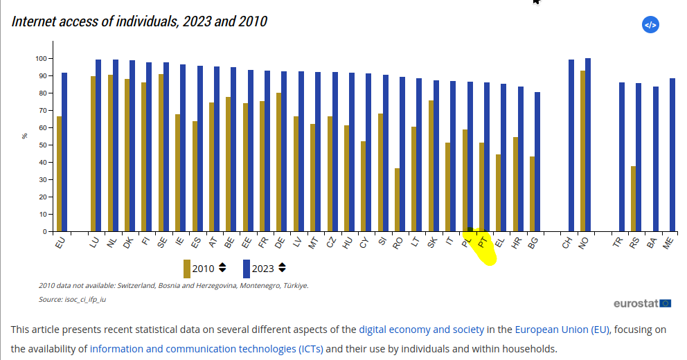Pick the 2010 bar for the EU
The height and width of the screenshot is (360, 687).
tap(60, 174)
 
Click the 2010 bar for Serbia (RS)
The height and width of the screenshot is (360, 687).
tap(633, 199)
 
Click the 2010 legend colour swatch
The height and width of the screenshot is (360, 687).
tap(187, 269)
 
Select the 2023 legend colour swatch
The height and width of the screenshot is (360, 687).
tap(247, 269)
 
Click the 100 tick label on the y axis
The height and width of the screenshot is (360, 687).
tap(40, 58)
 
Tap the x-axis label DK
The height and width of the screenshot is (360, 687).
tap(128, 243)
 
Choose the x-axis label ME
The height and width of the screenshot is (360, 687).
tap(668, 243)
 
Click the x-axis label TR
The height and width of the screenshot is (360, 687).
tap(618, 243)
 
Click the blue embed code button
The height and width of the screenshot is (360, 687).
tap(650, 25)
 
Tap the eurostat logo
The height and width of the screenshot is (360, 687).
tap(642, 303)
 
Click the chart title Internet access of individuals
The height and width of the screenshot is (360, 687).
tap(139, 21)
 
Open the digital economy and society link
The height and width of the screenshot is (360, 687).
tap(421, 330)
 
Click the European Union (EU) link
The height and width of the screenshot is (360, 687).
tap(563, 330)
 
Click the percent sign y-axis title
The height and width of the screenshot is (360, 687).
tap(25, 136)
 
